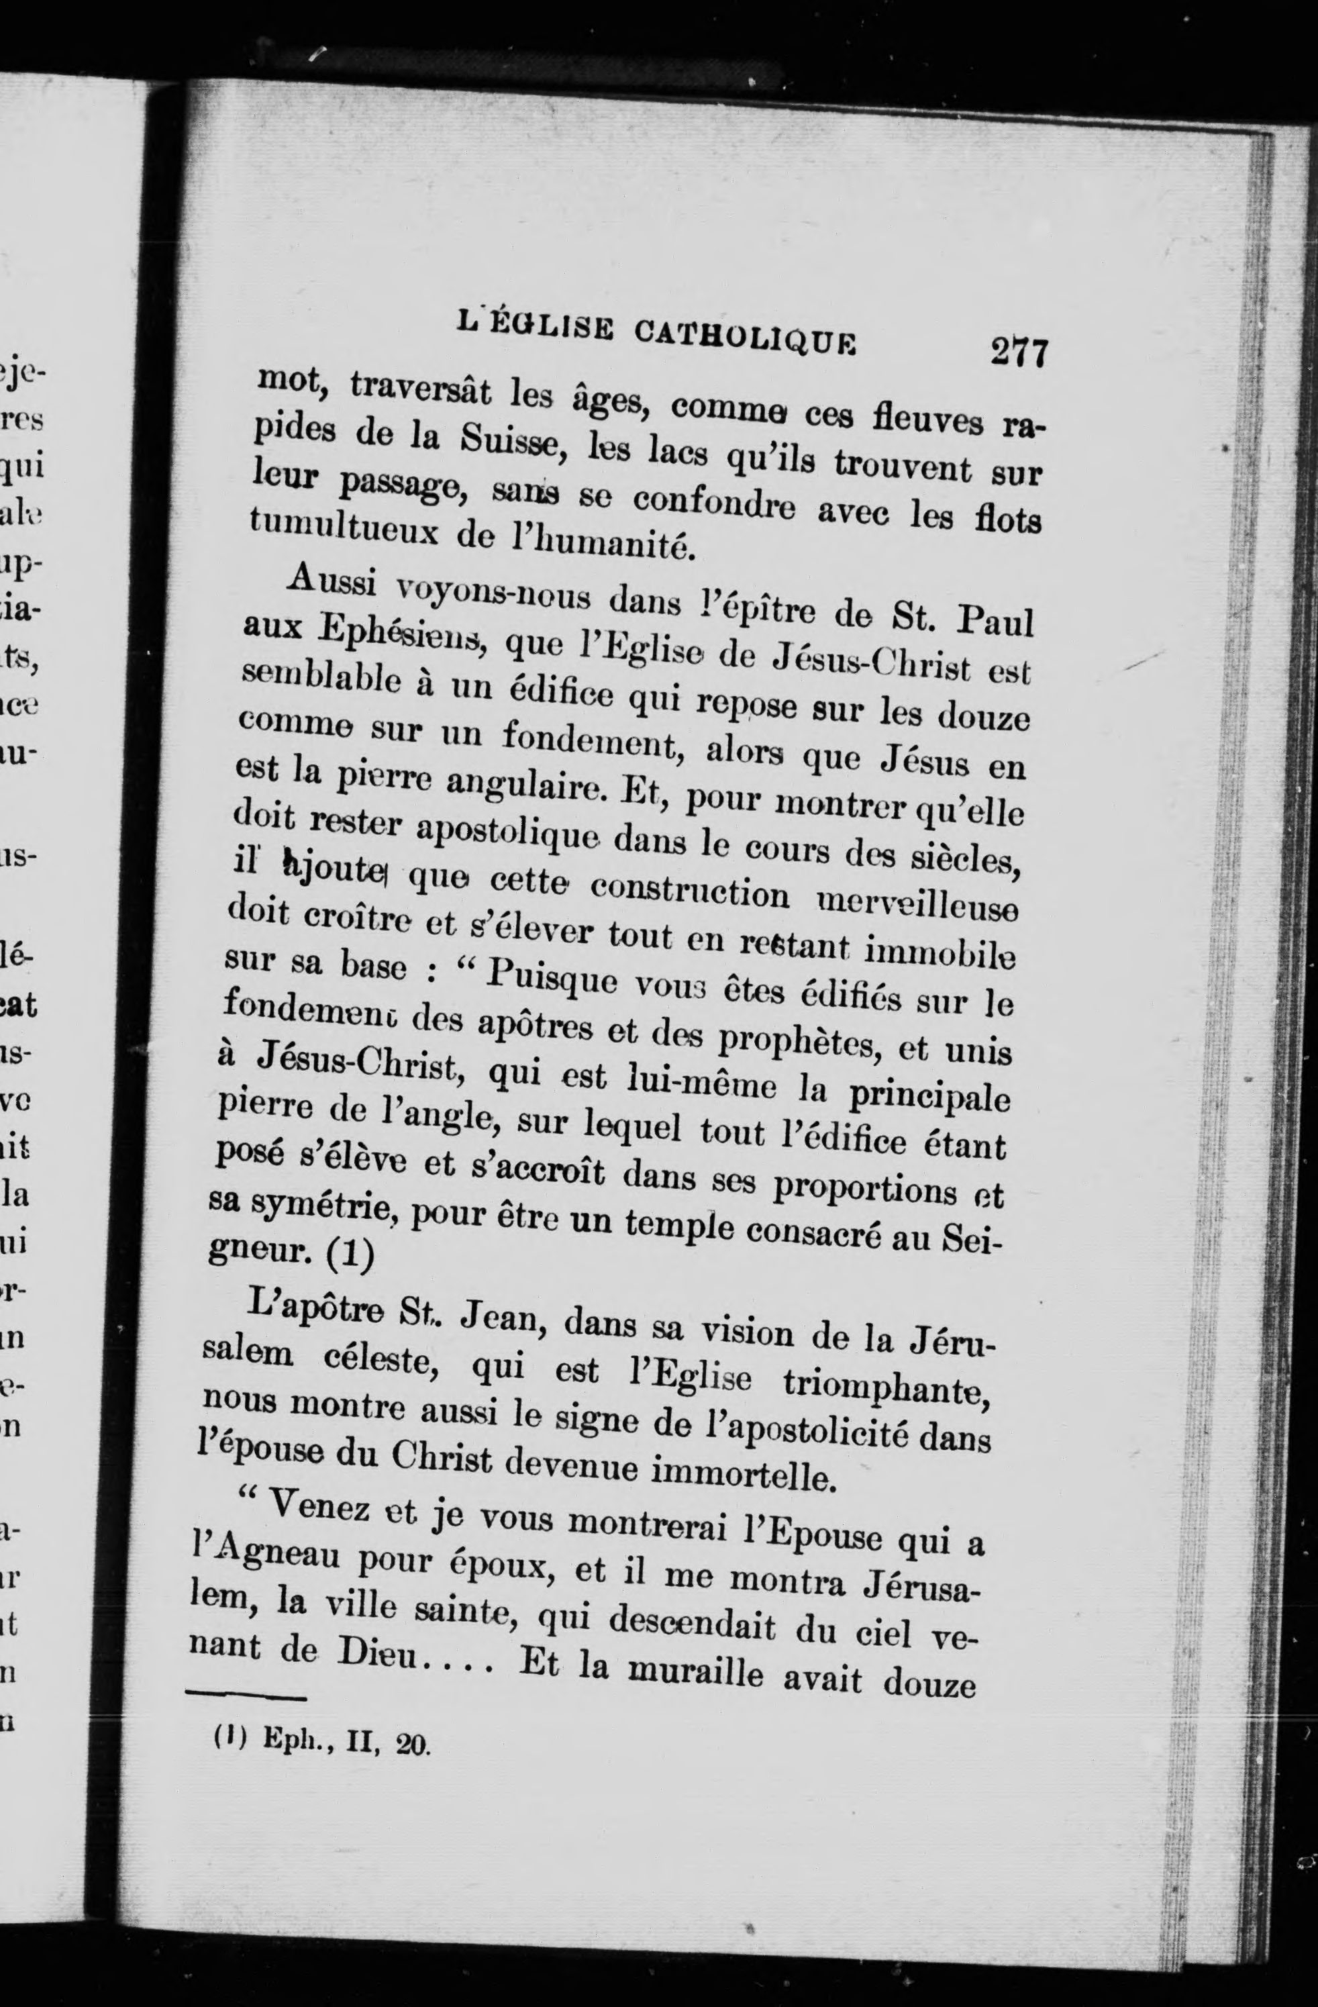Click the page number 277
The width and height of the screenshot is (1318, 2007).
click(x=1019, y=352)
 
